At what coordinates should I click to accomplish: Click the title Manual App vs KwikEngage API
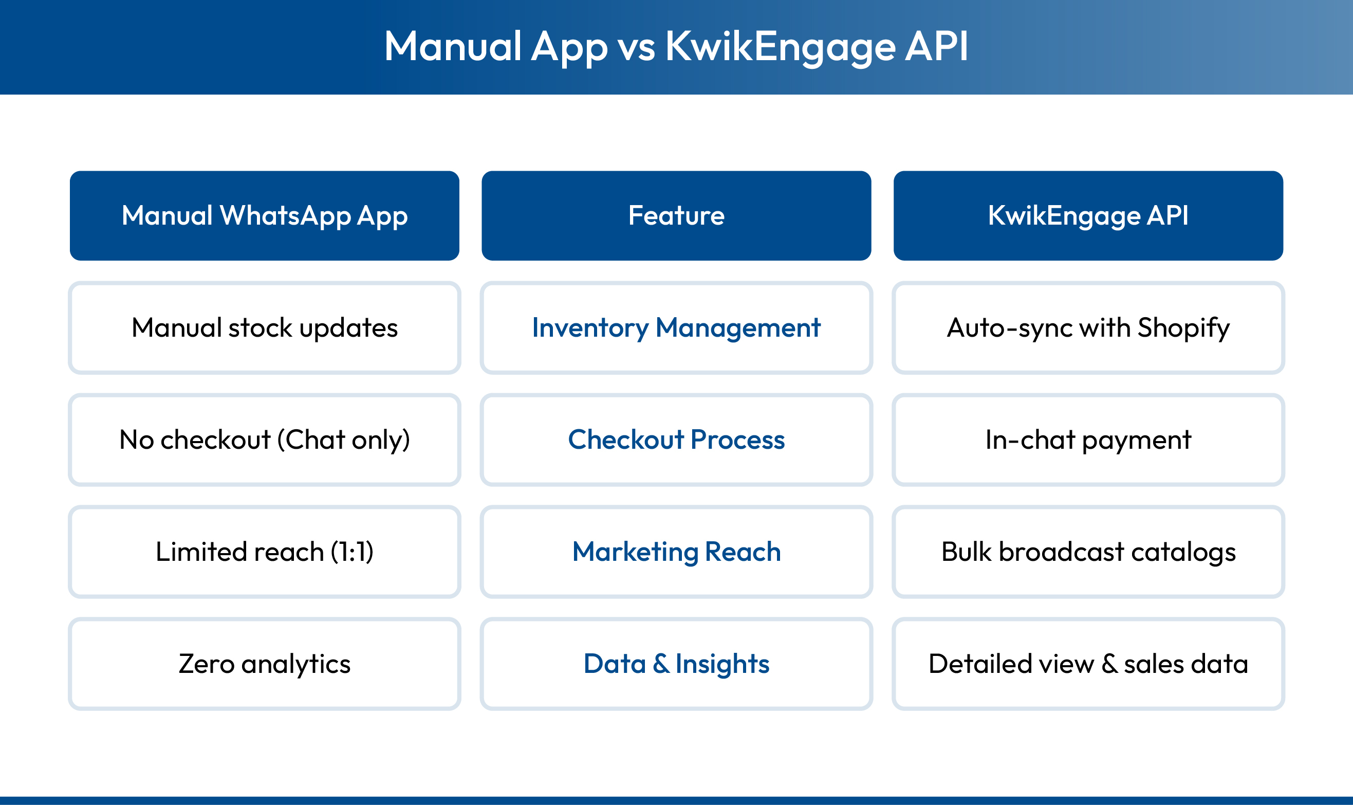click(x=676, y=47)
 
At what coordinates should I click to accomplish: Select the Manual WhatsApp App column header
click(x=265, y=215)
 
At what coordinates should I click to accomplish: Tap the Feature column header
click(x=676, y=215)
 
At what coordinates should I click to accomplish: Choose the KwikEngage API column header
click(x=1088, y=215)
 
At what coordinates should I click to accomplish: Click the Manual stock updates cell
click(x=265, y=327)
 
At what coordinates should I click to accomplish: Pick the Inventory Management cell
click(x=676, y=327)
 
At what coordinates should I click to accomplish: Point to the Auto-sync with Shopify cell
click(x=1088, y=327)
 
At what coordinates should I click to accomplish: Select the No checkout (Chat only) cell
click(x=265, y=440)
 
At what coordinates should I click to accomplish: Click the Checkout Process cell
click(x=676, y=440)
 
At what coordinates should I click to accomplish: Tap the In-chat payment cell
click(x=1088, y=440)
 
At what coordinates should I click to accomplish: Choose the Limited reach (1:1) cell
click(x=265, y=552)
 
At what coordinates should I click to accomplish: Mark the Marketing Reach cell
click(x=676, y=552)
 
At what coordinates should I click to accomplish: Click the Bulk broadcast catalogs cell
click(x=1088, y=552)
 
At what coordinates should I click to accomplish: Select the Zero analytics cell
click(x=265, y=664)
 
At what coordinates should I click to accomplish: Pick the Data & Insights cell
click(x=676, y=664)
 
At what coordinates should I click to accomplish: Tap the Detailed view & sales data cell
click(x=1088, y=664)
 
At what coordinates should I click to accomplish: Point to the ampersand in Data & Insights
click(x=660, y=664)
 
